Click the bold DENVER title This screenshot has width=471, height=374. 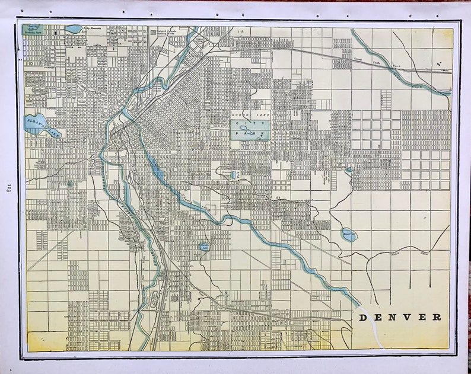(x=400, y=317)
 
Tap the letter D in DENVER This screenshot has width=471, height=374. (x=363, y=317)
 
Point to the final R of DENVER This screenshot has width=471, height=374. (x=437, y=317)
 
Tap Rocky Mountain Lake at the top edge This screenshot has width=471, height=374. (x=74, y=28)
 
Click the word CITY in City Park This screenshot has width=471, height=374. (x=249, y=123)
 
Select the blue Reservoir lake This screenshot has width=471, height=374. (x=349, y=235)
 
